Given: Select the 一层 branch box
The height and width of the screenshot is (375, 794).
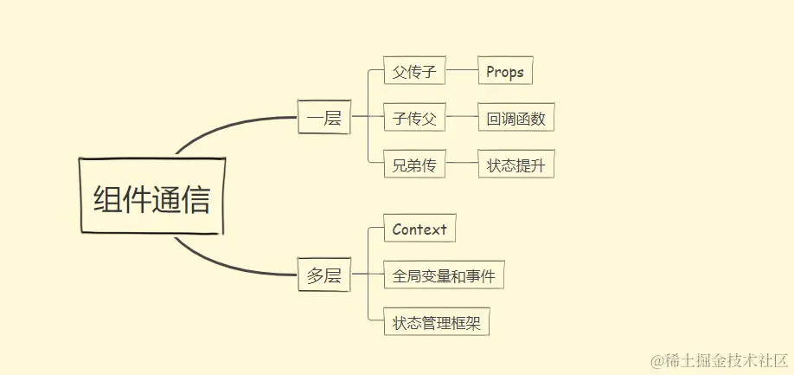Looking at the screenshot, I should click(324, 118).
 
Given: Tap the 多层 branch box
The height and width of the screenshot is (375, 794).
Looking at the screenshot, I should click(324, 276).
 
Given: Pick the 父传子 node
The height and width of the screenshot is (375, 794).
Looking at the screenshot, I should click(414, 72).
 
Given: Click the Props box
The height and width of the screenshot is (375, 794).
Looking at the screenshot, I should click(505, 72).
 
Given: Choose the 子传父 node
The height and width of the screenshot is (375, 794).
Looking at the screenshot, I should click(414, 119).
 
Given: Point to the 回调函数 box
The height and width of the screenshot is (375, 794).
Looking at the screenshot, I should click(515, 119).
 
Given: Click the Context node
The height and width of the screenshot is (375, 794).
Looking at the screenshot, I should click(419, 230).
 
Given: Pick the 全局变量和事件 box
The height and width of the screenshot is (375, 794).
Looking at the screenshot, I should click(444, 276).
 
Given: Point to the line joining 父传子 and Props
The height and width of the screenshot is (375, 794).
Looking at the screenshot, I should click(462, 72).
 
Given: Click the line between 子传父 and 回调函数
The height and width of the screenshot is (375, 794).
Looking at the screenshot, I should click(462, 119).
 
